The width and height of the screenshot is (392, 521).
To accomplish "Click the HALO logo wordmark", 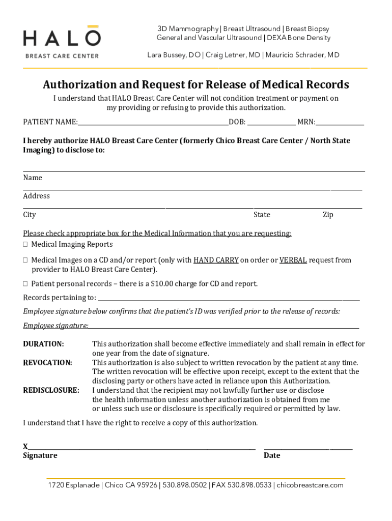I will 62,39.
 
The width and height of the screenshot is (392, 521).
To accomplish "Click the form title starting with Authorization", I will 195,84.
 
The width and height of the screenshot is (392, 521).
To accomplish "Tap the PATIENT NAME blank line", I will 153,122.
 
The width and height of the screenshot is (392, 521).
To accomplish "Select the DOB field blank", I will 271,122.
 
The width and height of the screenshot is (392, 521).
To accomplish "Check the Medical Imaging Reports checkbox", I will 25,245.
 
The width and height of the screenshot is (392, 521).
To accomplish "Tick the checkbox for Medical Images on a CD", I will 25,260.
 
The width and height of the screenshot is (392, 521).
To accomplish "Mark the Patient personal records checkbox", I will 25,284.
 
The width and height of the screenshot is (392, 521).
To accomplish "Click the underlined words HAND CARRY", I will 216,260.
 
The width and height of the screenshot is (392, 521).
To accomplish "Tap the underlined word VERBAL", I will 293,260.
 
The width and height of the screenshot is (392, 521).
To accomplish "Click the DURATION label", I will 43,344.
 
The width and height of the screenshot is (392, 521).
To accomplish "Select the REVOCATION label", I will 47,363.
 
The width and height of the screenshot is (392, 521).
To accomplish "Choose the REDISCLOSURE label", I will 51,390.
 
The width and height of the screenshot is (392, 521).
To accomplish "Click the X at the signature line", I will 25,446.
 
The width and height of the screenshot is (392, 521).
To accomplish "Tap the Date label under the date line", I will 272,455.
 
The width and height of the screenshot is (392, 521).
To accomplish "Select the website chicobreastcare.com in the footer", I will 310,485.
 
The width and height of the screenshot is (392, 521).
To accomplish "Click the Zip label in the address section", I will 328,215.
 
